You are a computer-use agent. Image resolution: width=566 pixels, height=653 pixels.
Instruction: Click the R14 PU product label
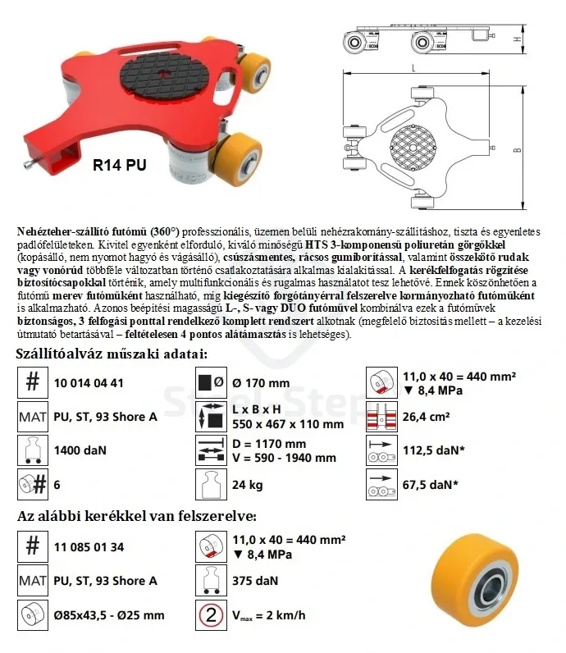tap(119, 165)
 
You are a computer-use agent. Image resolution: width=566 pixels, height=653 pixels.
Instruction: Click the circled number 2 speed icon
tap(211, 614)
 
